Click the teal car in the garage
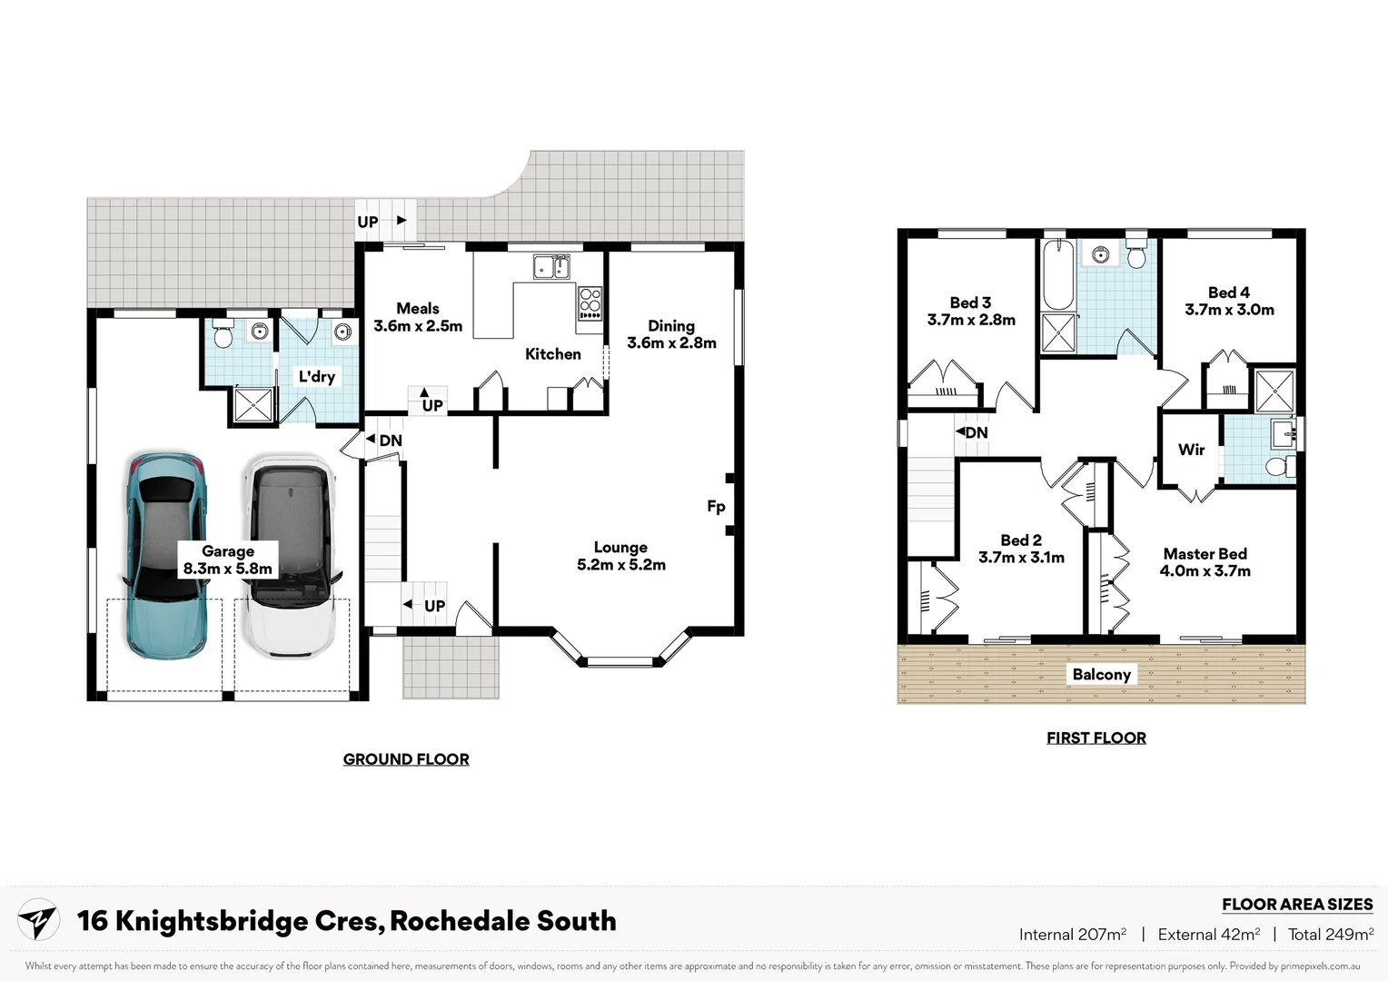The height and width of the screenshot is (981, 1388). point(167,554)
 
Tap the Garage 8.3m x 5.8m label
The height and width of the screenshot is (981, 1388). point(227,560)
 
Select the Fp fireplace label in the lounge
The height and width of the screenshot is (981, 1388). point(716,507)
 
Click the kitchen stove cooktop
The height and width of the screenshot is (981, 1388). point(590,302)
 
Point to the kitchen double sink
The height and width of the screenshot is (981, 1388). point(550,267)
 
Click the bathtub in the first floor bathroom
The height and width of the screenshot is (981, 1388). point(1057,275)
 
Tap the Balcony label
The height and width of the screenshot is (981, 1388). point(1101,674)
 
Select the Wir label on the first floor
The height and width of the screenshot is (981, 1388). point(1191,450)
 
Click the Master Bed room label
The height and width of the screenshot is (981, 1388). point(1205,562)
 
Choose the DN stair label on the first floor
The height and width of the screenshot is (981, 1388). point(974,432)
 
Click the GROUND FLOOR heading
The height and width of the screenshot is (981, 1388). point(406,759)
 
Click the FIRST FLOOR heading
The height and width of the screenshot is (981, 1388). point(1096,738)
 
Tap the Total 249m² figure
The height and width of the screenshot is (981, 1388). point(1330,934)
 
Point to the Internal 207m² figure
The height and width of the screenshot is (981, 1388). point(1072,934)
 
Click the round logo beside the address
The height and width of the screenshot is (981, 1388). point(38,920)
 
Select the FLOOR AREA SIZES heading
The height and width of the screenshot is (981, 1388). point(1296,904)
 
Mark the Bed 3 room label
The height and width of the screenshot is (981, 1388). point(971,311)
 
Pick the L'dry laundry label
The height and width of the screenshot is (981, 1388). point(316,376)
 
